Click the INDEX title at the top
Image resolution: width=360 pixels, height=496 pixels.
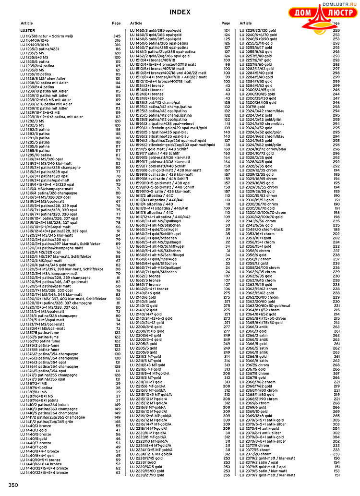[180, 12]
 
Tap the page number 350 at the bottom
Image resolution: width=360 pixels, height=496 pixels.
[13, 485]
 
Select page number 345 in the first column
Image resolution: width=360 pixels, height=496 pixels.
[117, 36]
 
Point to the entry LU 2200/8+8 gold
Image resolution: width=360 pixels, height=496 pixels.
[147, 327]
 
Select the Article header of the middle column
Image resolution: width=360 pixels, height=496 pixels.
[136, 23]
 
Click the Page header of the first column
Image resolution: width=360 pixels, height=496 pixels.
[116, 23]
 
